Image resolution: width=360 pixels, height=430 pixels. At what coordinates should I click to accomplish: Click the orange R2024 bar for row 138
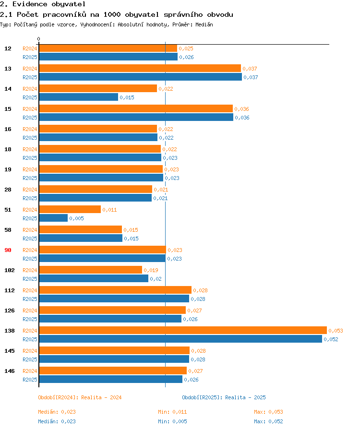coord(183,330)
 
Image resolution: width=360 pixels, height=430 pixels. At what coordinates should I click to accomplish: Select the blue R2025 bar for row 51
coord(53,218)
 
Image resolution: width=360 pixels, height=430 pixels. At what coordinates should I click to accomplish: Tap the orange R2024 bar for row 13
coord(140,68)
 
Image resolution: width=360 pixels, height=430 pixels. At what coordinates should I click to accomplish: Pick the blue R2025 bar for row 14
coord(78,97)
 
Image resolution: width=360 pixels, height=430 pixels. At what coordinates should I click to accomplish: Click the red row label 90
coord(8,250)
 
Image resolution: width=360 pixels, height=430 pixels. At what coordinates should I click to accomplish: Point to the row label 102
coord(10,270)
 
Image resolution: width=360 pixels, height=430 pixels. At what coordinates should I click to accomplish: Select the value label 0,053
coord(336,331)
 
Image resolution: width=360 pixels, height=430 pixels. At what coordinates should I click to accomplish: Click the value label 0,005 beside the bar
coord(76,218)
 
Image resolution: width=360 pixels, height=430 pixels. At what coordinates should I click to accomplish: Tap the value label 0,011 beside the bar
coord(109,210)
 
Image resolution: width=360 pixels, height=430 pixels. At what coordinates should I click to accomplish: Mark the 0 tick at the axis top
coord(39,39)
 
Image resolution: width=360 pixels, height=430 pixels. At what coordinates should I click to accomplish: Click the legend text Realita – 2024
coord(101,397)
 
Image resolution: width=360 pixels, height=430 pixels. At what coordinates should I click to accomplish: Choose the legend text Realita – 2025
coord(245,397)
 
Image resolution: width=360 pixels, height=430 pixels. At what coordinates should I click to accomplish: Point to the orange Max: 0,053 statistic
coord(268,412)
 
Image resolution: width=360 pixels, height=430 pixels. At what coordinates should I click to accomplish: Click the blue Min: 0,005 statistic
coord(172,421)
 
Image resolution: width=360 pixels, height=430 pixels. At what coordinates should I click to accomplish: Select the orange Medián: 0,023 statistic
coord(57,412)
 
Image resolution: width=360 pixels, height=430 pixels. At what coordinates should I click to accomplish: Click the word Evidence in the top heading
coord(30,4)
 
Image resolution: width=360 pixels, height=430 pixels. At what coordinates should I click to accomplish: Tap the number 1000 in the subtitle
coord(112,14)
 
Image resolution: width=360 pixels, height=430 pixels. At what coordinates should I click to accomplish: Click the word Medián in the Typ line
coord(204,24)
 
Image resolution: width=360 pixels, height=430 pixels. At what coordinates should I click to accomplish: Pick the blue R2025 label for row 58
coord(30,239)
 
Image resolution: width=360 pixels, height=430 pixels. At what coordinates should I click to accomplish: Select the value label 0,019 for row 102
coord(151,270)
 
